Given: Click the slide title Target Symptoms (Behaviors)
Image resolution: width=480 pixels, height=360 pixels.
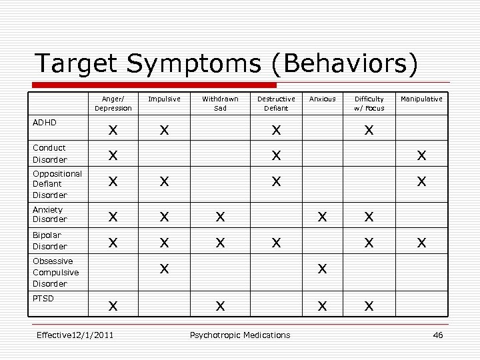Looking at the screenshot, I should click(227, 63).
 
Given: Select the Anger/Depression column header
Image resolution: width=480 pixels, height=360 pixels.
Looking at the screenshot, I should click(113, 103).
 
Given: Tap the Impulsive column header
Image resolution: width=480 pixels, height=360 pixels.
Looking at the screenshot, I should click(164, 99).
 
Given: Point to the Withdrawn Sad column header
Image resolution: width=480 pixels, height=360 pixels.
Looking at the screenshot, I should click(220, 103).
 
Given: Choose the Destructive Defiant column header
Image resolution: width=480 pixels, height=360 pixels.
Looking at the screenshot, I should click(276, 103).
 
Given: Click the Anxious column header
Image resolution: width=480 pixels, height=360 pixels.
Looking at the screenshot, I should click(323, 99).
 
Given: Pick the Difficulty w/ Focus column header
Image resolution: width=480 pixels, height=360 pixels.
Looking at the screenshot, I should click(369, 103).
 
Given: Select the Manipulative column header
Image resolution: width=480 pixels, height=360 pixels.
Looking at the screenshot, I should click(421, 99).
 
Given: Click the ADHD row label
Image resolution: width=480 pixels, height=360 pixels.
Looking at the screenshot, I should click(45, 123).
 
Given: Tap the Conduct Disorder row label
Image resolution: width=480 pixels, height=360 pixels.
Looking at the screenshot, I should click(50, 153).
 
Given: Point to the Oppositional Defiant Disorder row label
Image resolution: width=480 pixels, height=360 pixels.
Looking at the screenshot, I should click(57, 184).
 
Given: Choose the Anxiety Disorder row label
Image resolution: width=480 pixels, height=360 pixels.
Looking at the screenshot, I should click(50, 214).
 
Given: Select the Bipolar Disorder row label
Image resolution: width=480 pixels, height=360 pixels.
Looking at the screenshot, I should click(50, 241).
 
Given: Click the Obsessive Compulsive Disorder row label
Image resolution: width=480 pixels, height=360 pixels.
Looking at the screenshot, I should click(56, 272).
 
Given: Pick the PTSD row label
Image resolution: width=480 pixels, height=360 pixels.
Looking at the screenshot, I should click(44, 298).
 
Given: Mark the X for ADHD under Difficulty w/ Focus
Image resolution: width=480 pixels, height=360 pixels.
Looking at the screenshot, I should click(369, 131).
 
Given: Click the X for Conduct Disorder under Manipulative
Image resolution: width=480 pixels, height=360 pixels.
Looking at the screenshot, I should click(421, 155).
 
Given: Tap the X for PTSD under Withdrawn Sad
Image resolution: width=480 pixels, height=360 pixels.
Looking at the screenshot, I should click(220, 305).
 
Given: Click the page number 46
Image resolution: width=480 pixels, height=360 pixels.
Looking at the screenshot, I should click(438, 335).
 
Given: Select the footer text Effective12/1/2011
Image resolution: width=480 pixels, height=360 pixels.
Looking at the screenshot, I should click(75, 335).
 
